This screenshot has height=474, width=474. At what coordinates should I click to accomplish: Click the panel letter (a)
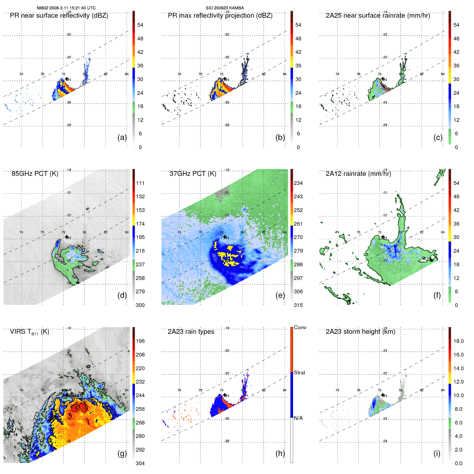coord(122,137)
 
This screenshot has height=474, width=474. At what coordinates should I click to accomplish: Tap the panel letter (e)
coord(280,295)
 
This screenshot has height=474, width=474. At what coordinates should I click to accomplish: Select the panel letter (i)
coord(437,453)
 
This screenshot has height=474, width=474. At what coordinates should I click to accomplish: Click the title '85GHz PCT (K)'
coord(35,174)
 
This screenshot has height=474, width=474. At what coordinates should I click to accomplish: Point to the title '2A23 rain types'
coord(191,332)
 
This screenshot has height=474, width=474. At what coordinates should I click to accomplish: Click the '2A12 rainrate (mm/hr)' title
coord(358,174)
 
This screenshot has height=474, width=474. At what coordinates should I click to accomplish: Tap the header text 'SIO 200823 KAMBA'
coord(225,8)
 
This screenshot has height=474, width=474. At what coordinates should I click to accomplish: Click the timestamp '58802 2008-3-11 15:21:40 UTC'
coord(66,8)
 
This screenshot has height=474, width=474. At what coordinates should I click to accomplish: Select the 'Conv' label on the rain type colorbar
coord(300,327)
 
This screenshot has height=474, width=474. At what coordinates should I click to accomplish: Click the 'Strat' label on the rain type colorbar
coord(299,373)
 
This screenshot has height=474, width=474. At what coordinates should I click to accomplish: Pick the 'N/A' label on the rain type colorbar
coord(298,418)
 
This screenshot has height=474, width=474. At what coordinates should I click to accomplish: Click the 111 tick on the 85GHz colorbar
coord(140,183)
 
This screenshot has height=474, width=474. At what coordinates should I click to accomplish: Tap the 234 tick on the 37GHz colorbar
coord(298,183)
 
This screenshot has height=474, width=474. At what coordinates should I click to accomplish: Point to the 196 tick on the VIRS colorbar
coord(140,341)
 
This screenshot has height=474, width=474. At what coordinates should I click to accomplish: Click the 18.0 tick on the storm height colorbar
coord(458,341)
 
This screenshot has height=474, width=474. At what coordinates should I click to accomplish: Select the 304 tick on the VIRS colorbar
coord(140,463)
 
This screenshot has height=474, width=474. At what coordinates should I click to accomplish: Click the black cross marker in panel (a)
coord(67,79)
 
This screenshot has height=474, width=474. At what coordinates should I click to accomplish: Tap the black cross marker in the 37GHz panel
coord(225,237)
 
